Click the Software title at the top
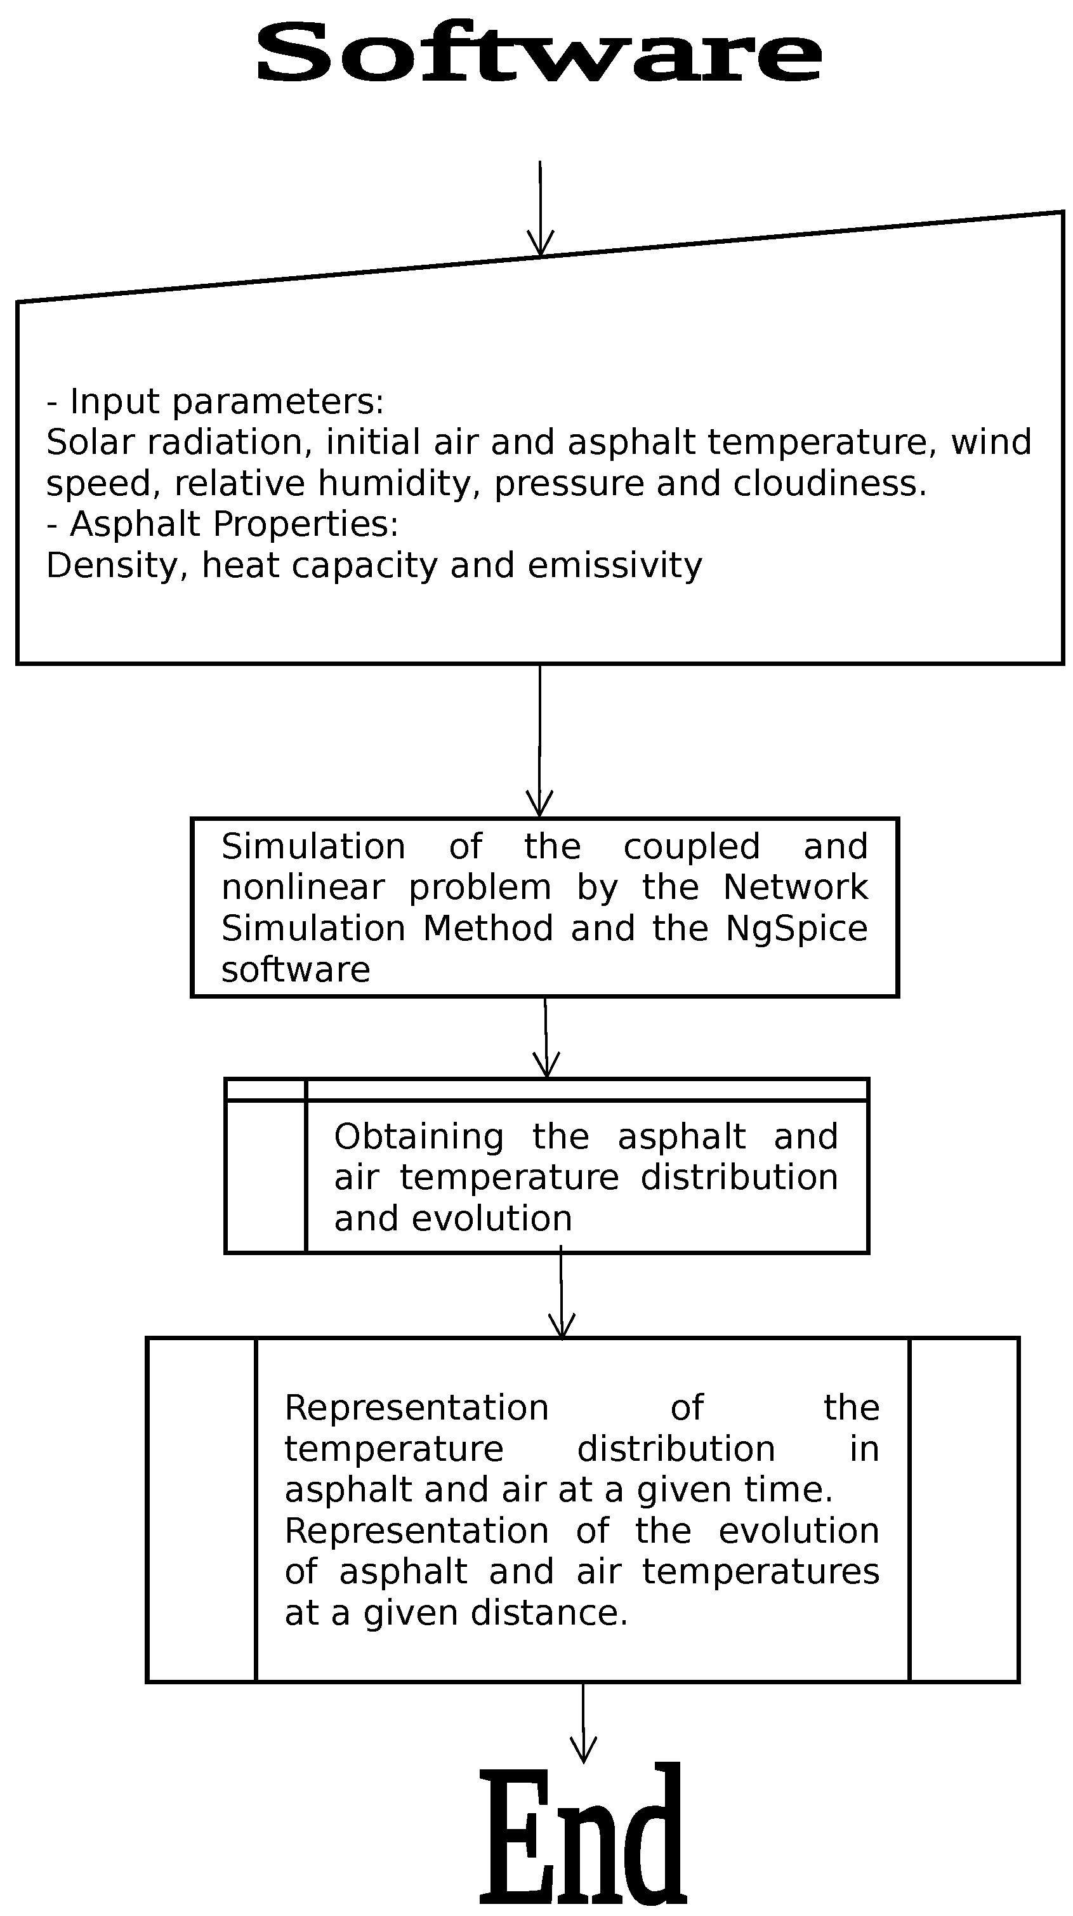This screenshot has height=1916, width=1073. [538, 53]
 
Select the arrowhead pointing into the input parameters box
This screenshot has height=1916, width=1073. [541, 246]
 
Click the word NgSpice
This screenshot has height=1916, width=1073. [796, 928]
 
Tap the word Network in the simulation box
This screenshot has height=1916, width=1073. [795, 888]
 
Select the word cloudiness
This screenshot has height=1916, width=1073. [830, 484]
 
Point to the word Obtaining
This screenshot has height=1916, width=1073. [419, 1136]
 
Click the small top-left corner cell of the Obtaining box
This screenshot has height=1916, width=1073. [265, 1089]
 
